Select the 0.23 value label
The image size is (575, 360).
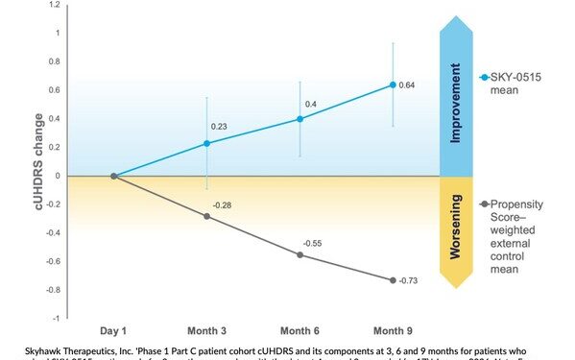221,126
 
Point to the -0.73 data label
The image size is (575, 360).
410,279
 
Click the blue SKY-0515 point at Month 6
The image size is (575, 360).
299,119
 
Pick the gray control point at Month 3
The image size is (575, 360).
206,216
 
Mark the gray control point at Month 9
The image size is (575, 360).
392,279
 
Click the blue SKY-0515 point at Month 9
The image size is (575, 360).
392,84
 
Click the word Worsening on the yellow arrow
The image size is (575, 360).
456,231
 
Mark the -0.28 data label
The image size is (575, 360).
222,204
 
